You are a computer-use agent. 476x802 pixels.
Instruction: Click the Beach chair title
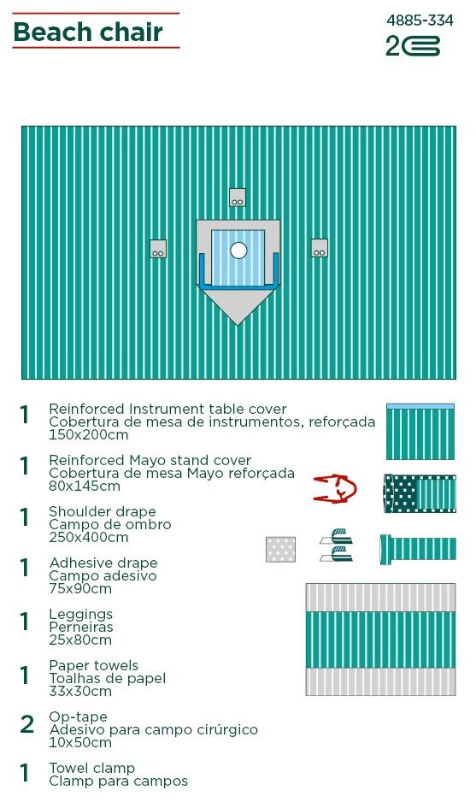pyautogui.click(x=88, y=32)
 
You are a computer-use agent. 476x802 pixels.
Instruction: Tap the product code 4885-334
pyautogui.click(x=420, y=21)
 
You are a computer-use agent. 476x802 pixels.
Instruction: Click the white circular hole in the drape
pyautogui.click(x=238, y=251)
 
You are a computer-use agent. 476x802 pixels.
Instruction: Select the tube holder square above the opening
pyautogui.click(x=238, y=198)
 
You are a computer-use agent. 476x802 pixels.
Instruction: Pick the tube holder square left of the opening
pyautogui.click(x=158, y=249)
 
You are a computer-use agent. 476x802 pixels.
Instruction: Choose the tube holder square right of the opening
pyautogui.click(x=320, y=248)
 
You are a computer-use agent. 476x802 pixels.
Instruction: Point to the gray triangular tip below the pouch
pyautogui.click(x=238, y=307)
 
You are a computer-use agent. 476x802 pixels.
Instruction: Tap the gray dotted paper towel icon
pyautogui.click(x=280, y=549)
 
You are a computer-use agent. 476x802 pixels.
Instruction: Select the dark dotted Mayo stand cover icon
pyautogui.click(x=420, y=493)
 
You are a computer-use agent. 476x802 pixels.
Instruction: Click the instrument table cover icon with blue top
pyautogui.click(x=420, y=432)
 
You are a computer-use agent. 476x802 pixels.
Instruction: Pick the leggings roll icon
pyautogui.click(x=418, y=549)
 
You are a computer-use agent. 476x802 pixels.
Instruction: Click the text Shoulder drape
pyautogui.click(x=103, y=511)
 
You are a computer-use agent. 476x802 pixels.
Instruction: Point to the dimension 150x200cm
pyautogui.click(x=89, y=435)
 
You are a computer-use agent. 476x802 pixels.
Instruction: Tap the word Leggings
pyautogui.click(x=81, y=614)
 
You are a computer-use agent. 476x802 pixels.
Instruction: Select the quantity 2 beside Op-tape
pyautogui.click(x=26, y=724)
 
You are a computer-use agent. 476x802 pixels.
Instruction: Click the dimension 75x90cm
pyautogui.click(x=80, y=589)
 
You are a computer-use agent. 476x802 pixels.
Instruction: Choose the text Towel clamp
pyautogui.click(x=92, y=769)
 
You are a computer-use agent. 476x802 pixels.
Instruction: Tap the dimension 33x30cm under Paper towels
pyautogui.click(x=80, y=692)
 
